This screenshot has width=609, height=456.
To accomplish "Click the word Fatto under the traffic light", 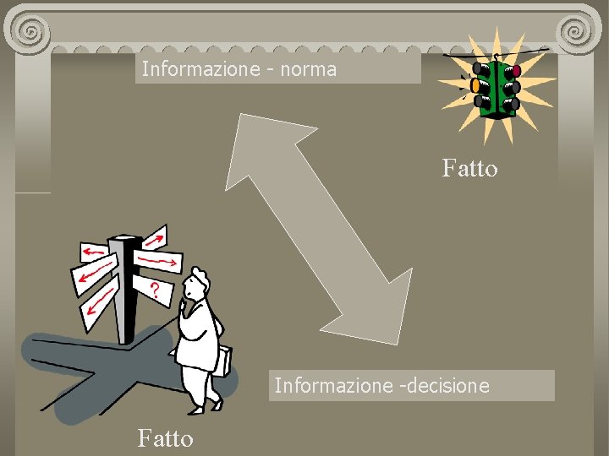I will point(469,169).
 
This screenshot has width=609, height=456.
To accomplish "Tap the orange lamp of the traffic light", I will point(475,84).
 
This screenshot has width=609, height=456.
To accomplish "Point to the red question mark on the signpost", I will point(155,291).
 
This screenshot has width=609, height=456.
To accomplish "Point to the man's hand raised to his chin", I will point(184,306).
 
